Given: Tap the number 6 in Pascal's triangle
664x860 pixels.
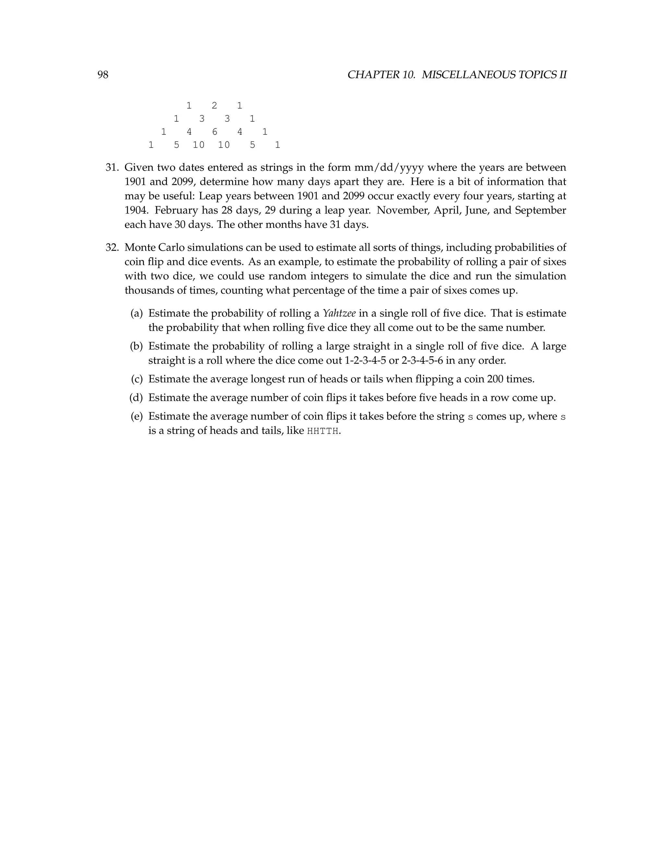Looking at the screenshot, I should coord(214,132).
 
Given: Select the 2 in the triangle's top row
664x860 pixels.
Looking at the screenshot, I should coord(214,105).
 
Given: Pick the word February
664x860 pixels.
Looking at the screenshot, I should coord(173,210).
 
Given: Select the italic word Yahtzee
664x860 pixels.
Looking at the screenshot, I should coord(339,313).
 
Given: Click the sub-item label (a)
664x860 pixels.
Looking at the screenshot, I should coord(136,313).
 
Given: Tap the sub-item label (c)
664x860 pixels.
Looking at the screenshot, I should coord(136,379).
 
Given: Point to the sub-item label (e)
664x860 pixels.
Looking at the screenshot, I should coord(136,417).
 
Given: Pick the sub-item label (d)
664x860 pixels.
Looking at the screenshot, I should coord(136,398).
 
